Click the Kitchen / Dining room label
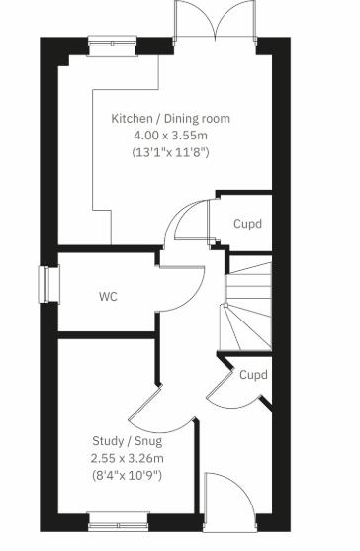coord(170,119)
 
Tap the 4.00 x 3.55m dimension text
coord(170,136)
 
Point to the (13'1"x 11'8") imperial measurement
coord(170,153)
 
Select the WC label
coord(108,296)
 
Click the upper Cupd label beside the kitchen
coord(247,224)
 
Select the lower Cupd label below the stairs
coord(253,375)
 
